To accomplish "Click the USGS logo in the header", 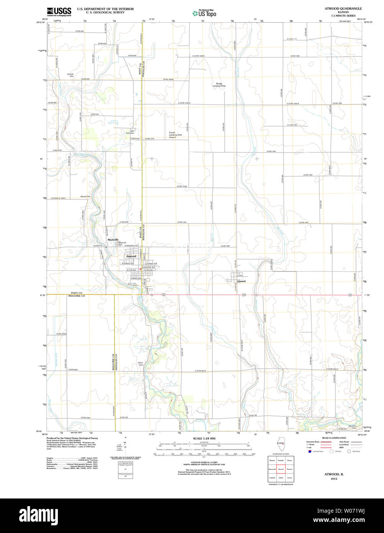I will coord(59,12).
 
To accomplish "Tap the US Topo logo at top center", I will coord(204,13).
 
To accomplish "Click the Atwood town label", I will coord(131,256).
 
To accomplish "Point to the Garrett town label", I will coord(241,281).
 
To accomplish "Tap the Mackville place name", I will coord(113,240).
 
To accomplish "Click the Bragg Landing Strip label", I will coord(219,85).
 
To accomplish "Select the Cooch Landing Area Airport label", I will coord(175,135).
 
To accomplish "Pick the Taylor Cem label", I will coord(141,364).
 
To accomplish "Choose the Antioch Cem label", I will coord(71,75).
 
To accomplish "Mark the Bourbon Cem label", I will coord(352,427).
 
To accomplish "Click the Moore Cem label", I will coord(85,197).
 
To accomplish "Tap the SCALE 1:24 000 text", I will coord(204,438).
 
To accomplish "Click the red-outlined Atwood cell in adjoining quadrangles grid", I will coord(281,469).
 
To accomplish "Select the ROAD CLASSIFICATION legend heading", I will coord(334,438).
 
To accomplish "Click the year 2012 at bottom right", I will coord(334,479).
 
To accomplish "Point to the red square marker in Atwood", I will coord(141,269).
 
